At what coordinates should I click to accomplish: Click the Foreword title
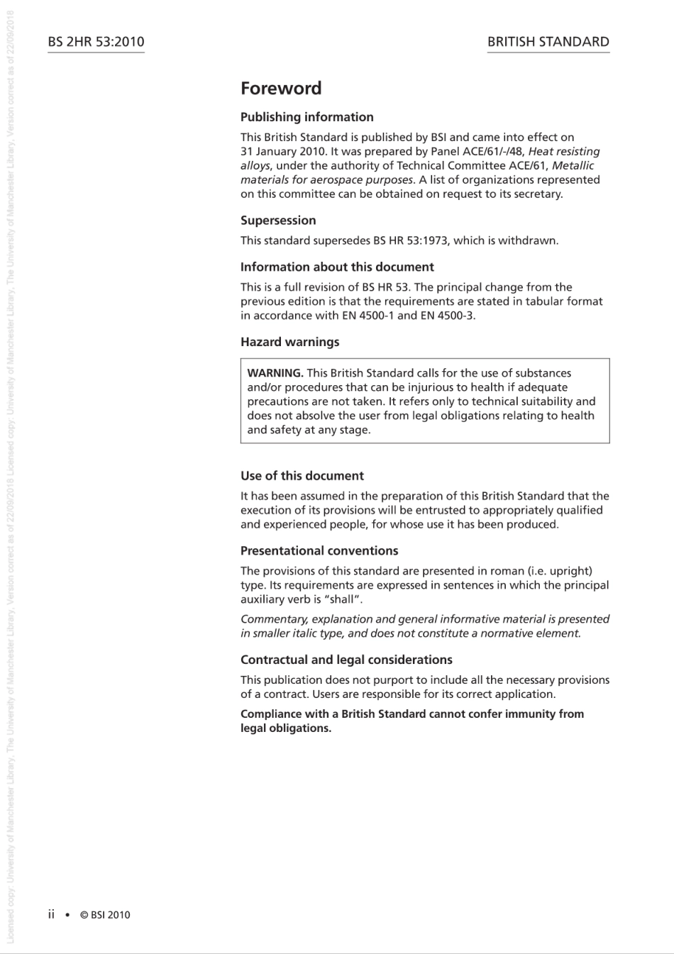pyautogui.click(x=281, y=89)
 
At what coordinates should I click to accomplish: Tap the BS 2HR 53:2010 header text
pyautogui.click(x=96, y=42)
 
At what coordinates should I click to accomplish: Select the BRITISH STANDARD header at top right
pyautogui.click(x=548, y=42)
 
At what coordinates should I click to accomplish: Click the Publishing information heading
pyautogui.click(x=306, y=117)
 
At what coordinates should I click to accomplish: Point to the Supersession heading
pyautogui.click(x=278, y=221)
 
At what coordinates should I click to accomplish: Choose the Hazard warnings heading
pyautogui.click(x=289, y=342)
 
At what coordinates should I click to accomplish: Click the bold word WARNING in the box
pyautogui.click(x=275, y=373)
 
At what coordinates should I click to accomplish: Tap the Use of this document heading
pyautogui.click(x=302, y=476)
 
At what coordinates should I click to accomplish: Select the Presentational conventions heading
pyautogui.click(x=319, y=551)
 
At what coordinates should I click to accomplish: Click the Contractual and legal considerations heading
pyautogui.click(x=346, y=660)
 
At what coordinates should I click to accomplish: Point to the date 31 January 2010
pyautogui.click(x=282, y=152)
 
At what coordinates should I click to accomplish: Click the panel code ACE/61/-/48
pyautogui.click(x=490, y=152)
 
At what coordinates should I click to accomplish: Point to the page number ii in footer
pyautogui.click(x=51, y=914)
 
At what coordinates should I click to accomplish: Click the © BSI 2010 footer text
pyautogui.click(x=105, y=915)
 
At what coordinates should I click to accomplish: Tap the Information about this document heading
pyautogui.click(x=337, y=267)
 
